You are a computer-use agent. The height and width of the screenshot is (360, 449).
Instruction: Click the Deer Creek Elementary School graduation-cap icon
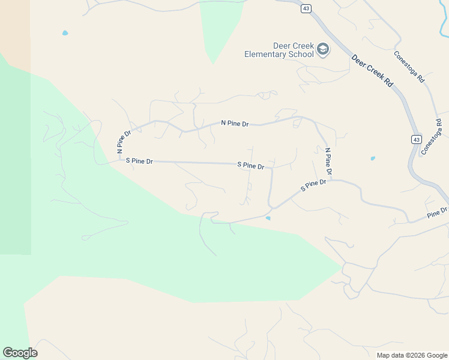click(x=323, y=49)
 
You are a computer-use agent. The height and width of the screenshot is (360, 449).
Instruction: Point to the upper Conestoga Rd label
click(x=409, y=66)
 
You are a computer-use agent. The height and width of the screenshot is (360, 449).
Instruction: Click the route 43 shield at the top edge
click(x=306, y=8)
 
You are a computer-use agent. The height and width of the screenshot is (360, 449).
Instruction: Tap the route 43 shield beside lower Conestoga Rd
click(x=416, y=139)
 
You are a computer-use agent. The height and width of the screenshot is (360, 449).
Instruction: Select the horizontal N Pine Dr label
click(x=235, y=124)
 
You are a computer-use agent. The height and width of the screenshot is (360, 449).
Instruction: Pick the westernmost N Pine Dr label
click(x=124, y=141)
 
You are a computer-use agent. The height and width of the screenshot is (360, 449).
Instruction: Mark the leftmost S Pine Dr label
click(x=139, y=161)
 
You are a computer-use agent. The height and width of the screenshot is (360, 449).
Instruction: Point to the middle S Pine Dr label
click(x=251, y=165)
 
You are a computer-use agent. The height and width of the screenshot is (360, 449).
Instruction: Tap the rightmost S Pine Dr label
click(x=313, y=185)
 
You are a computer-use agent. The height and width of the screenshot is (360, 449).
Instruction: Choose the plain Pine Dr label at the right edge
click(x=438, y=212)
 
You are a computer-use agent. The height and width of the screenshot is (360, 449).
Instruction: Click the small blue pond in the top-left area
click(x=65, y=33)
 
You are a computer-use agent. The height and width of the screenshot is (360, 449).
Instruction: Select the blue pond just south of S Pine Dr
click(x=268, y=218)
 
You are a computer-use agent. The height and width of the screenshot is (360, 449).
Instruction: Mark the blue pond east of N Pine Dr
click(x=373, y=158)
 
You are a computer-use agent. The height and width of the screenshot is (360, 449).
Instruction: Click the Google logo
click(x=20, y=353)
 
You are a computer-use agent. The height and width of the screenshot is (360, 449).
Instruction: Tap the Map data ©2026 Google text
click(x=411, y=355)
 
